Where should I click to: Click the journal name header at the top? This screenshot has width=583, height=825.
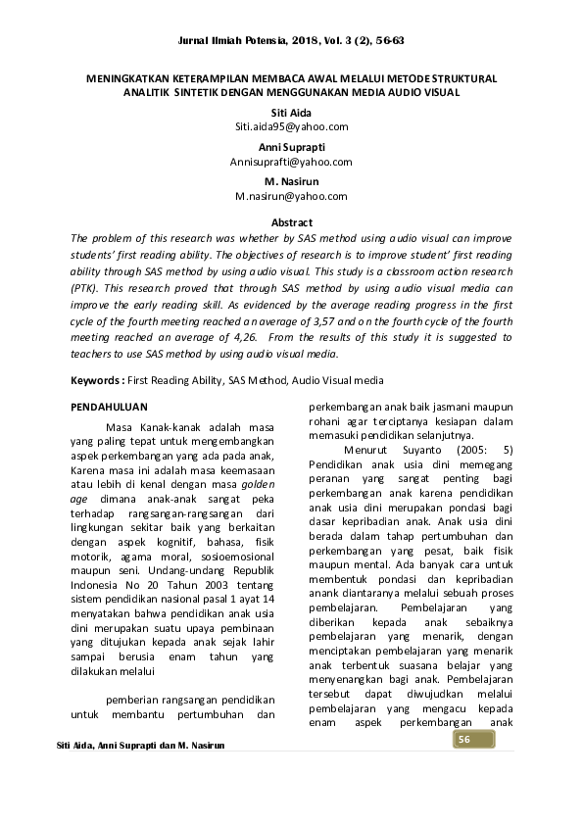pos(291,41)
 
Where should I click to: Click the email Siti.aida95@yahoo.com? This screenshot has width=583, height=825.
pos(291,127)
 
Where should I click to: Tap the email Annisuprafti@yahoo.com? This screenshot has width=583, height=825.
pos(291,162)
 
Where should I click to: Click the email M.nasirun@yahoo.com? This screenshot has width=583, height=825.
pos(291,196)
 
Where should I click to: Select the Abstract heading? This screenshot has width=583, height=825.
pos(291,222)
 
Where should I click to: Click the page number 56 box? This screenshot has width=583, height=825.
pos(466,738)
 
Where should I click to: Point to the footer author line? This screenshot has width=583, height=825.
pos(141,747)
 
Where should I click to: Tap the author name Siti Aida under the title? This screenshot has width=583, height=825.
pos(291,113)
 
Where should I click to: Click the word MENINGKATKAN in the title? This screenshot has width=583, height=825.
pos(127,76)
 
